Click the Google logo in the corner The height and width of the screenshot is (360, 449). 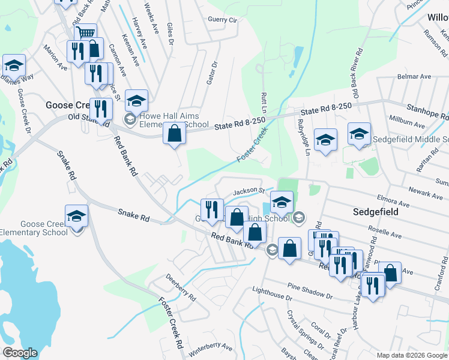[x=20, y=353]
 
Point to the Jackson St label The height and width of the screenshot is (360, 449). [x=249, y=191]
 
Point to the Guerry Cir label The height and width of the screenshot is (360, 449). [x=223, y=20]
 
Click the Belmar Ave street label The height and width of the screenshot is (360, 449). [x=414, y=77]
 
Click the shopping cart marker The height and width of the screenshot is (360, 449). [x=86, y=33]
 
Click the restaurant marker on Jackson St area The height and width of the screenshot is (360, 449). [x=211, y=209]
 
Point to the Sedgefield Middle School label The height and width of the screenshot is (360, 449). [x=411, y=139]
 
